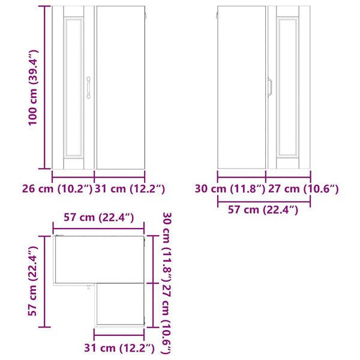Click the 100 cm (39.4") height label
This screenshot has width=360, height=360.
32,88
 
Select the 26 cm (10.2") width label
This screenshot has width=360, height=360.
58,189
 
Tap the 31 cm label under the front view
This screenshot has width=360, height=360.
130,189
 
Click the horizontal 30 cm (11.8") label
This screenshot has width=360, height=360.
230,189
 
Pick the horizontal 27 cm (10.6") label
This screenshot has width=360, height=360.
303,189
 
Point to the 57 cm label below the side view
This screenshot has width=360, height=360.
263,210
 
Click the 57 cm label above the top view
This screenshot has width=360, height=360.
99,217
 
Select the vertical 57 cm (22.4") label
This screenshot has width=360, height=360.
32,281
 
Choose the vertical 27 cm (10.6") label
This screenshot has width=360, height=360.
167,319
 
